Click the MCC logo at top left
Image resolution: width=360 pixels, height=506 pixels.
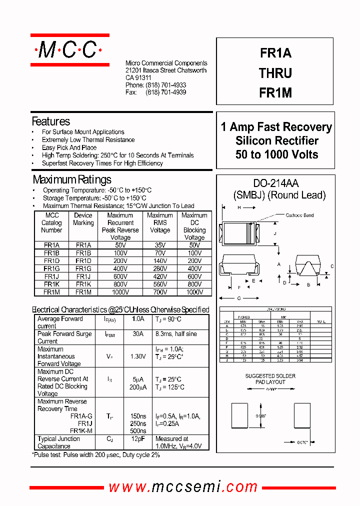click(69, 49)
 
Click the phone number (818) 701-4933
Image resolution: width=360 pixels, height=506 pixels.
click(165, 85)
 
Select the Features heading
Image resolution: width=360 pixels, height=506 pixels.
click(50, 121)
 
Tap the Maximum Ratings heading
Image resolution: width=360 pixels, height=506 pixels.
click(72, 179)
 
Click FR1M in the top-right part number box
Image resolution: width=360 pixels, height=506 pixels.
click(275, 93)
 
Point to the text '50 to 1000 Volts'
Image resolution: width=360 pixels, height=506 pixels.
click(276, 154)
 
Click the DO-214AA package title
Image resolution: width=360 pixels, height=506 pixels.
click(276, 184)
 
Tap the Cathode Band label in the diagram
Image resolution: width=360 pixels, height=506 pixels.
click(299, 215)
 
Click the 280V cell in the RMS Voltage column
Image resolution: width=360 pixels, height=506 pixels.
click(160, 268)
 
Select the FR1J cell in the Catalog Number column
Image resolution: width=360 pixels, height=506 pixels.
click(51, 276)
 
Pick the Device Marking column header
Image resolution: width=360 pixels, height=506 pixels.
click(83, 219)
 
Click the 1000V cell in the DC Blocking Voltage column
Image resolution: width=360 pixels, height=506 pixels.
click(194, 292)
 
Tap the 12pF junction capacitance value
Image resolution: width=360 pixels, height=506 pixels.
click(137, 438)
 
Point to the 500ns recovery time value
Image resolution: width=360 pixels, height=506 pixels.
click(137, 431)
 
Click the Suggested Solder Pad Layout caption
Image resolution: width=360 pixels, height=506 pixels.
click(270, 379)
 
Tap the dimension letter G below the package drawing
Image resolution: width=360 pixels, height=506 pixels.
click(239, 298)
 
